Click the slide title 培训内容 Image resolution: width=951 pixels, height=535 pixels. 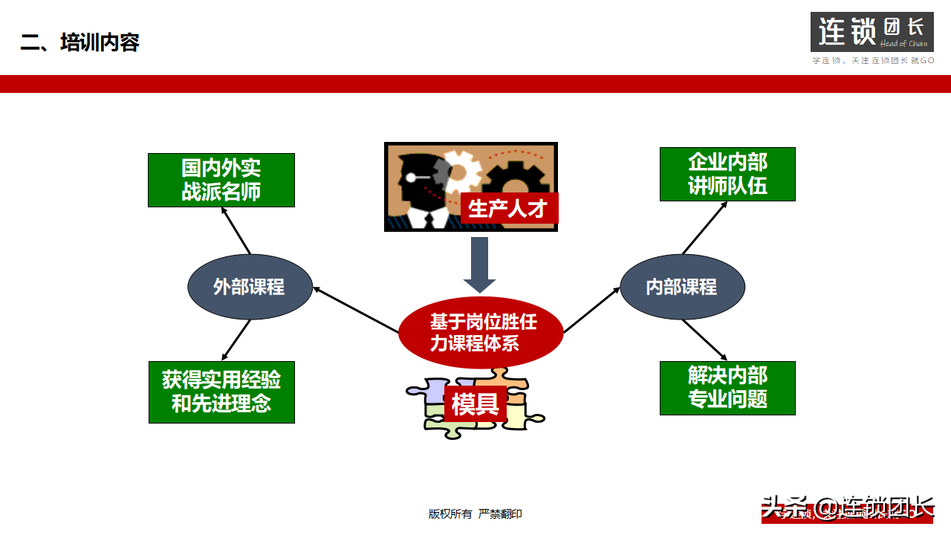(80, 42)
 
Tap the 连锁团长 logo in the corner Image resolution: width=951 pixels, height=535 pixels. (872, 33)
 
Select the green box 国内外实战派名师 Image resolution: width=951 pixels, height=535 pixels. (221, 180)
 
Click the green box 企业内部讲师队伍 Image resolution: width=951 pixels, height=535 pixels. (727, 174)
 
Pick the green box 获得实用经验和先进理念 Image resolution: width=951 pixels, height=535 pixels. (221, 392)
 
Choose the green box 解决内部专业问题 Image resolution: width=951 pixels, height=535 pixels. (727, 388)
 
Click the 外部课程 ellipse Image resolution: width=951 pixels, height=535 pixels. (249, 287)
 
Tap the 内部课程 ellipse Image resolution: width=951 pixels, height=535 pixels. (681, 287)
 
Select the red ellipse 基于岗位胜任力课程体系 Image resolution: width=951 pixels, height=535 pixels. (481, 332)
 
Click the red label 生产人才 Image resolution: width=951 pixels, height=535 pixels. (507, 209)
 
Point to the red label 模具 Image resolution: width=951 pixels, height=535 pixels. (475, 403)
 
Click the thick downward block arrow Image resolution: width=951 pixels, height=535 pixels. (479, 265)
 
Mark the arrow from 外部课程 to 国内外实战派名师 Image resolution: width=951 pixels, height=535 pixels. (236, 231)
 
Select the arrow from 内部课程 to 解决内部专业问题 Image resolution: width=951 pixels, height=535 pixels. (704, 340)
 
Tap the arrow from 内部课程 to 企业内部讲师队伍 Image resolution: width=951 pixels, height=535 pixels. (704, 228)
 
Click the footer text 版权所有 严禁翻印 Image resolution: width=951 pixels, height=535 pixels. (475, 513)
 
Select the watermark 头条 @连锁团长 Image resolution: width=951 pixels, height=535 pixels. (847, 508)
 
